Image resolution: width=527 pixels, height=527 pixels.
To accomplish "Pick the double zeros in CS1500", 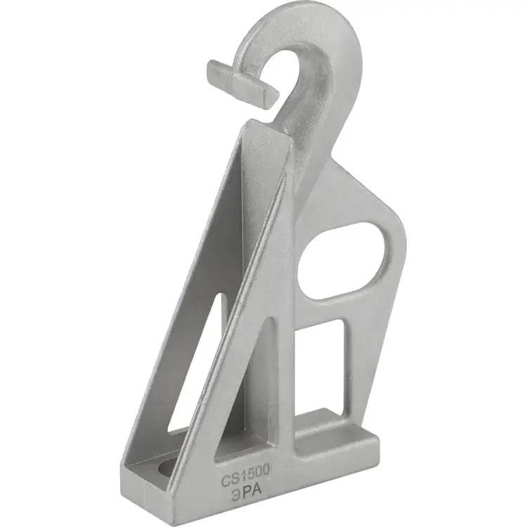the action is pyautogui.click(x=261, y=474).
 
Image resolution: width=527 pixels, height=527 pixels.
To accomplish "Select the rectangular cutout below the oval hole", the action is pyautogui.click(x=319, y=366).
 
